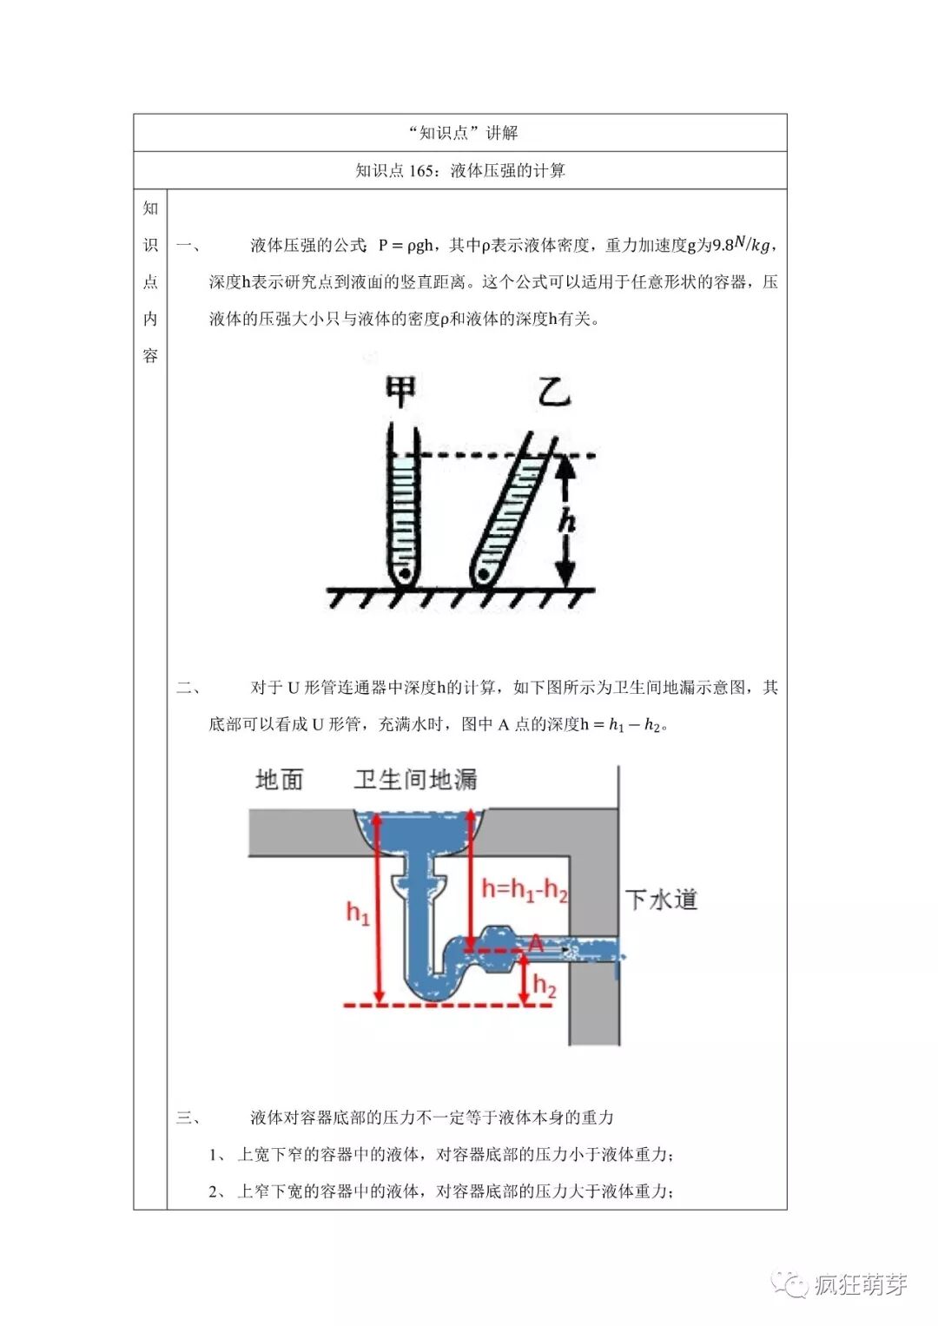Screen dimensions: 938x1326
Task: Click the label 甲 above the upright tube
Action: [x=400, y=393]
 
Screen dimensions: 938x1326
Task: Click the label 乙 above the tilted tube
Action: [x=554, y=392]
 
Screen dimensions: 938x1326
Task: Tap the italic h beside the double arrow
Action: [x=567, y=521]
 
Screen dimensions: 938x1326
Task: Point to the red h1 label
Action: [x=358, y=913]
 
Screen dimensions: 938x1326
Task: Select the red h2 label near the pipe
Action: [x=545, y=986]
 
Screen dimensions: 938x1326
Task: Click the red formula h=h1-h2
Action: [x=525, y=889]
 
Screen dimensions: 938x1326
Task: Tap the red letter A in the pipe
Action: [x=536, y=944]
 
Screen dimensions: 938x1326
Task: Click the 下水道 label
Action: [x=661, y=900]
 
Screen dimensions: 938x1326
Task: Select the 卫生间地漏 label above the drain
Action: [x=415, y=780]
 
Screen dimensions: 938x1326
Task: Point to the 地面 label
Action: [x=280, y=780]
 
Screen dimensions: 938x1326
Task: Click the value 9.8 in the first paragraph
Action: [x=723, y=246]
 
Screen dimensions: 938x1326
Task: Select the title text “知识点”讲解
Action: [x=462, y=133]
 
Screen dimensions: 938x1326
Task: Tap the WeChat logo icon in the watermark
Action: [x=791, y=1283]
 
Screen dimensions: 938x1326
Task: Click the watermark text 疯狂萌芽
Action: [x=860, y=1284]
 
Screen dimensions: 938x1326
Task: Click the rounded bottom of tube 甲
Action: [x=404, y=575]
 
